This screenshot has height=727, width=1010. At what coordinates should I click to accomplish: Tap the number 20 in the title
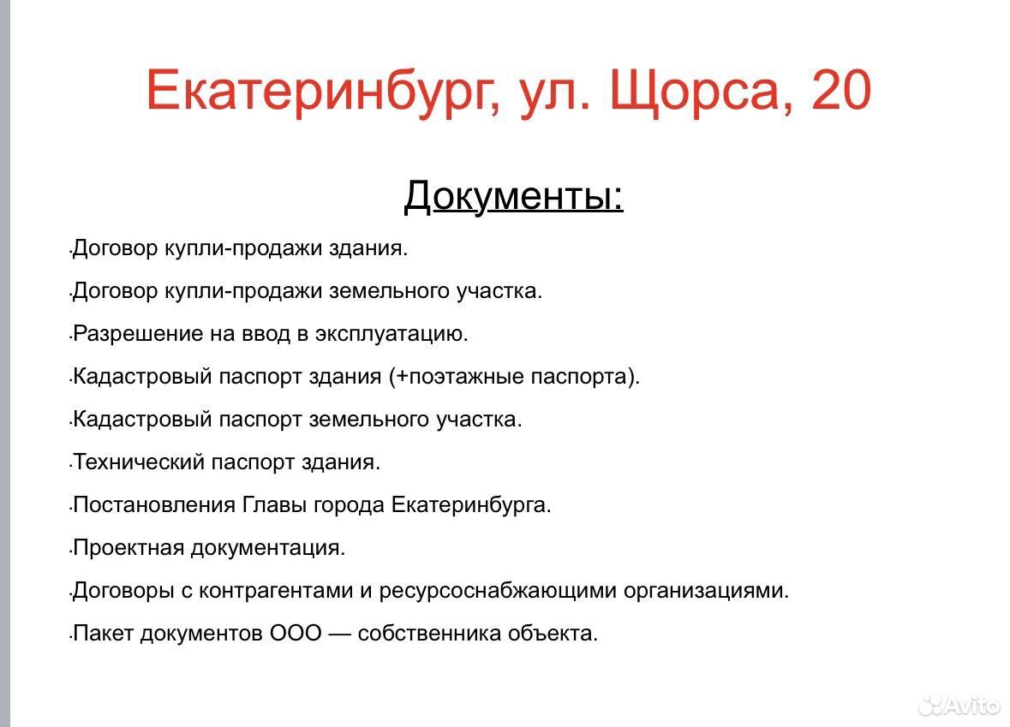840,90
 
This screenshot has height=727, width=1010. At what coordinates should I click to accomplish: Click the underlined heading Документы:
513,195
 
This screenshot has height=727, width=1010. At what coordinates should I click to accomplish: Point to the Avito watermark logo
959,706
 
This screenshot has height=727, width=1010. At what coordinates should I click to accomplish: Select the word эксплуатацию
391,334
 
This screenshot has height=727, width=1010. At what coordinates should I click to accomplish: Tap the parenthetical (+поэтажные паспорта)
514,376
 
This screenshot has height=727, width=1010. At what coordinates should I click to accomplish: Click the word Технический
139,462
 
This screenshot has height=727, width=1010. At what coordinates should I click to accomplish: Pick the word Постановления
154,504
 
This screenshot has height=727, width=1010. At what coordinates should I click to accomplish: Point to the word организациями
706,591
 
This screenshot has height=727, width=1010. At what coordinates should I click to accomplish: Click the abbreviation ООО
296,633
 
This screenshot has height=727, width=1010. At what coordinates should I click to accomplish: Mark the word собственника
429,633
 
